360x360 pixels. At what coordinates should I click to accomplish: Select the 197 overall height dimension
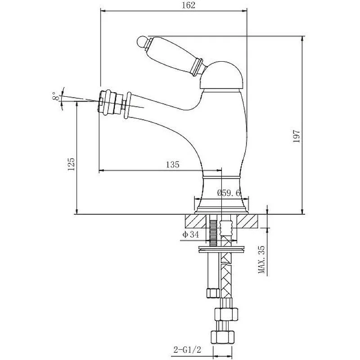click(x=296, y=136)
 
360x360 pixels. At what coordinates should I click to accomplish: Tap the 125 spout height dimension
click(x=71, y=164)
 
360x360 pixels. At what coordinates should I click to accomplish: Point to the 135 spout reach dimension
click(x=173, y=165)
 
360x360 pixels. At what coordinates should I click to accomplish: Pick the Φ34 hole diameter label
click(x=191, y=234)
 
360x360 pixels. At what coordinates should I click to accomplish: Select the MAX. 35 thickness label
click(x=261, y=260)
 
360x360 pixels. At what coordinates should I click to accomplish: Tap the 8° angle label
click(x=55, y=96)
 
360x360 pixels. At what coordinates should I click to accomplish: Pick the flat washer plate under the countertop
click(x=222, y=247)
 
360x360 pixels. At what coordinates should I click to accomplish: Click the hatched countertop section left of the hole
click(x=196, y=222)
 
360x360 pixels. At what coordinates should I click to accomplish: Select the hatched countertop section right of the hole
click(x=247, y=222)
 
